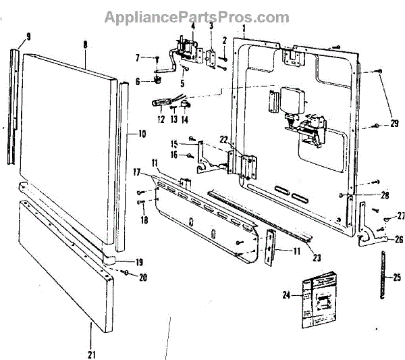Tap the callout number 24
[286, 294]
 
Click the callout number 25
[396, 277]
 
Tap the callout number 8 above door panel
[85, 45]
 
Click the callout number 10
[142, 134]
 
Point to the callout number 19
[139, 262]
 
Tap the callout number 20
[142, 276]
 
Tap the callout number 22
[223, 139]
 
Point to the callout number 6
[138, 81]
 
